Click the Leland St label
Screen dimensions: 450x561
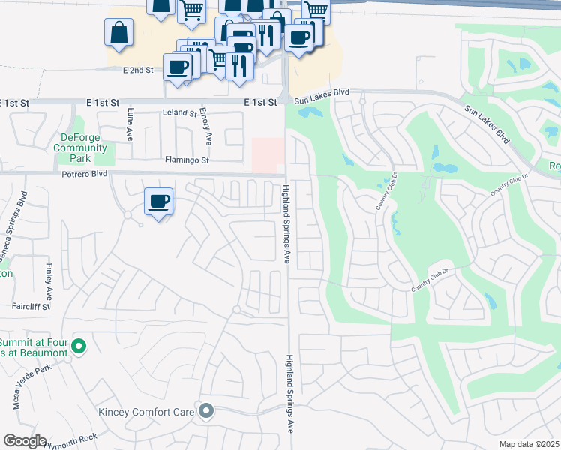[x=179, y=113]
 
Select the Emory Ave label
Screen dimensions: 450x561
[x=205, y=129]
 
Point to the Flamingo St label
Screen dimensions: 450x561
[x=187, y=160]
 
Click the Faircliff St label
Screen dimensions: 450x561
[x=30, y=307]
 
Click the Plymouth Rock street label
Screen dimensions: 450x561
[x=70, y=437]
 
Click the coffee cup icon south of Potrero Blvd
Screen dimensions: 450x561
[x=158, y=202]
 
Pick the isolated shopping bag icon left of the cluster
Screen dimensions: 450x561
[x=119, y=33]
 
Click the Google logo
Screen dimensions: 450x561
[x=24, y=441]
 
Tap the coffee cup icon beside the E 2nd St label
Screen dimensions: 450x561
[x=178, y=67]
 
